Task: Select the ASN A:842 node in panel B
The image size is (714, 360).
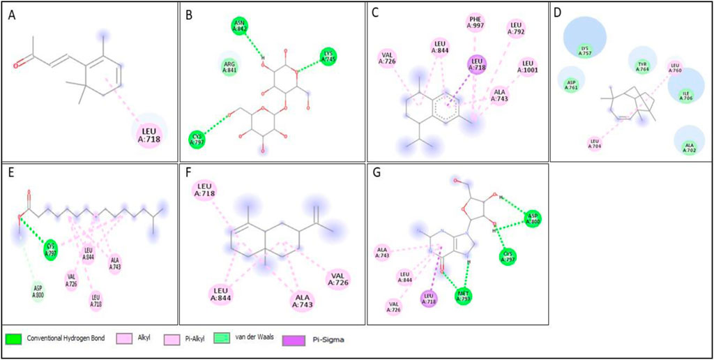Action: pyautogui.click(x=240, y=27)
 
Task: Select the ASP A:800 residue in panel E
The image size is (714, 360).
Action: pyautogui.click(x=39, y=289)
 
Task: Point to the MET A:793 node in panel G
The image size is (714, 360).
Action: pyautogui.click(x=462, y=297)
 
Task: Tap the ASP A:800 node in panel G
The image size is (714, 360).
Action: pyautogui.click(x=533, y=217)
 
